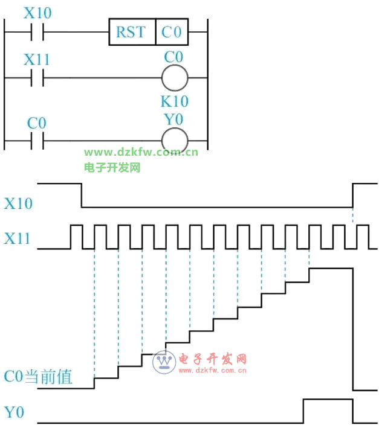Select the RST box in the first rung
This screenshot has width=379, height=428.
(132, 31)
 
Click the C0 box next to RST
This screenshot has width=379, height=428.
(172, 31)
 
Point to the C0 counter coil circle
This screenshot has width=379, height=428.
(174, 78)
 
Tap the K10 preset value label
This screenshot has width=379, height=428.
(174, 101)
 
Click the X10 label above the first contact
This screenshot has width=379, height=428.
(37, 12)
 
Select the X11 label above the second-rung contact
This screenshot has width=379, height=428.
(37, 60)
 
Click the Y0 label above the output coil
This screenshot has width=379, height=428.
(174, 120)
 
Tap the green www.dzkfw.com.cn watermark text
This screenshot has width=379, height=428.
(141, 152)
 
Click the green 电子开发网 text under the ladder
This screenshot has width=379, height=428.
(112, 167)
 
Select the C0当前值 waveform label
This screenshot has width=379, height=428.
(38, 377)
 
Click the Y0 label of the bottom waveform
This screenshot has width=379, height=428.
(15, 413)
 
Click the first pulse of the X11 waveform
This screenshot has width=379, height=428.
(76, 236)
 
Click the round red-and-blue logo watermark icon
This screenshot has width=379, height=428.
(163, 361)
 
